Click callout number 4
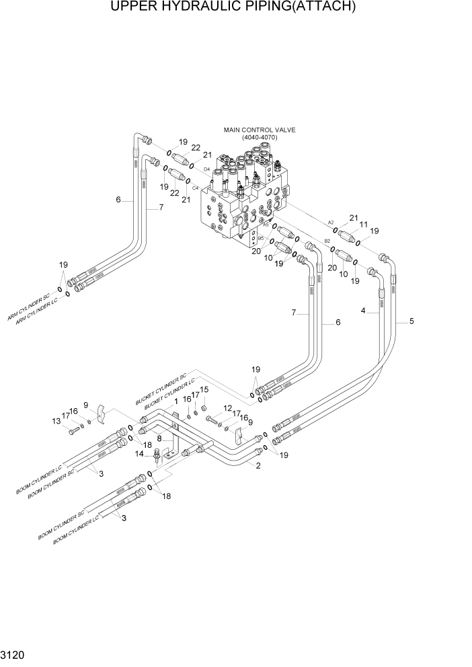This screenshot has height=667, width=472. click(x=363, y=311)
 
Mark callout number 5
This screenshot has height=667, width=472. click(x=411, y=322)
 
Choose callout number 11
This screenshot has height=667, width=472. click(x=363, y=224)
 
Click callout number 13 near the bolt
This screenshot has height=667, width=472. click(x=56, y=421)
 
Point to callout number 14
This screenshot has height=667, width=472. click(x=139, y=454)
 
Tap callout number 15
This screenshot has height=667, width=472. click(x=204, y=389)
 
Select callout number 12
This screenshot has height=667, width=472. click(x=227, y=408)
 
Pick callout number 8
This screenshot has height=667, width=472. click(x=159, y=438)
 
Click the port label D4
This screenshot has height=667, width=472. click(x=206, y=169)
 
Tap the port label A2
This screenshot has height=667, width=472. click(x=331, y=223)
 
